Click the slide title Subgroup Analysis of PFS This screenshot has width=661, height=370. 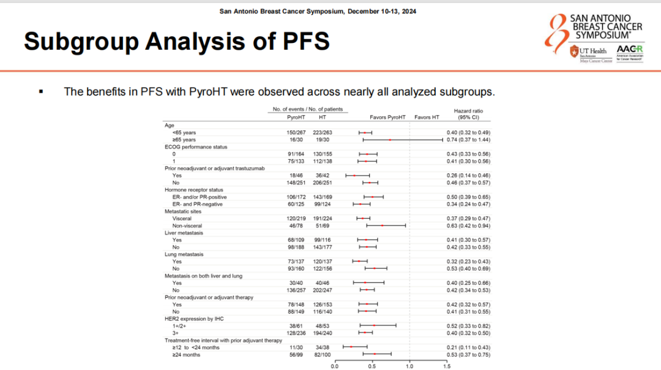tap(176, 42)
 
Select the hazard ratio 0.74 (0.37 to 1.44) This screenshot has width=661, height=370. tap(469, 140)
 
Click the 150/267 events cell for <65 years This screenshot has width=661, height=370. tap(297, 132)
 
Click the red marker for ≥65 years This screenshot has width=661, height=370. tap(390, 140)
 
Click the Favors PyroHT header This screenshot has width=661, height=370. tap(388, 117)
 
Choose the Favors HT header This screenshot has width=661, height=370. tap(427, 117)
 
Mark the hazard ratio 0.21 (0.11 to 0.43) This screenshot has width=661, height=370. tap(469, 347)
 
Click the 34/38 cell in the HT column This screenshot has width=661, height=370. tap(322, 347)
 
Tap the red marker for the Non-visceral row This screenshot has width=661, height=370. tap(382, 225)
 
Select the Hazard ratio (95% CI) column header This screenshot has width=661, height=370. tap(466, 113)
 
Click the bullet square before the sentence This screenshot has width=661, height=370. tap(41, 92)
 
